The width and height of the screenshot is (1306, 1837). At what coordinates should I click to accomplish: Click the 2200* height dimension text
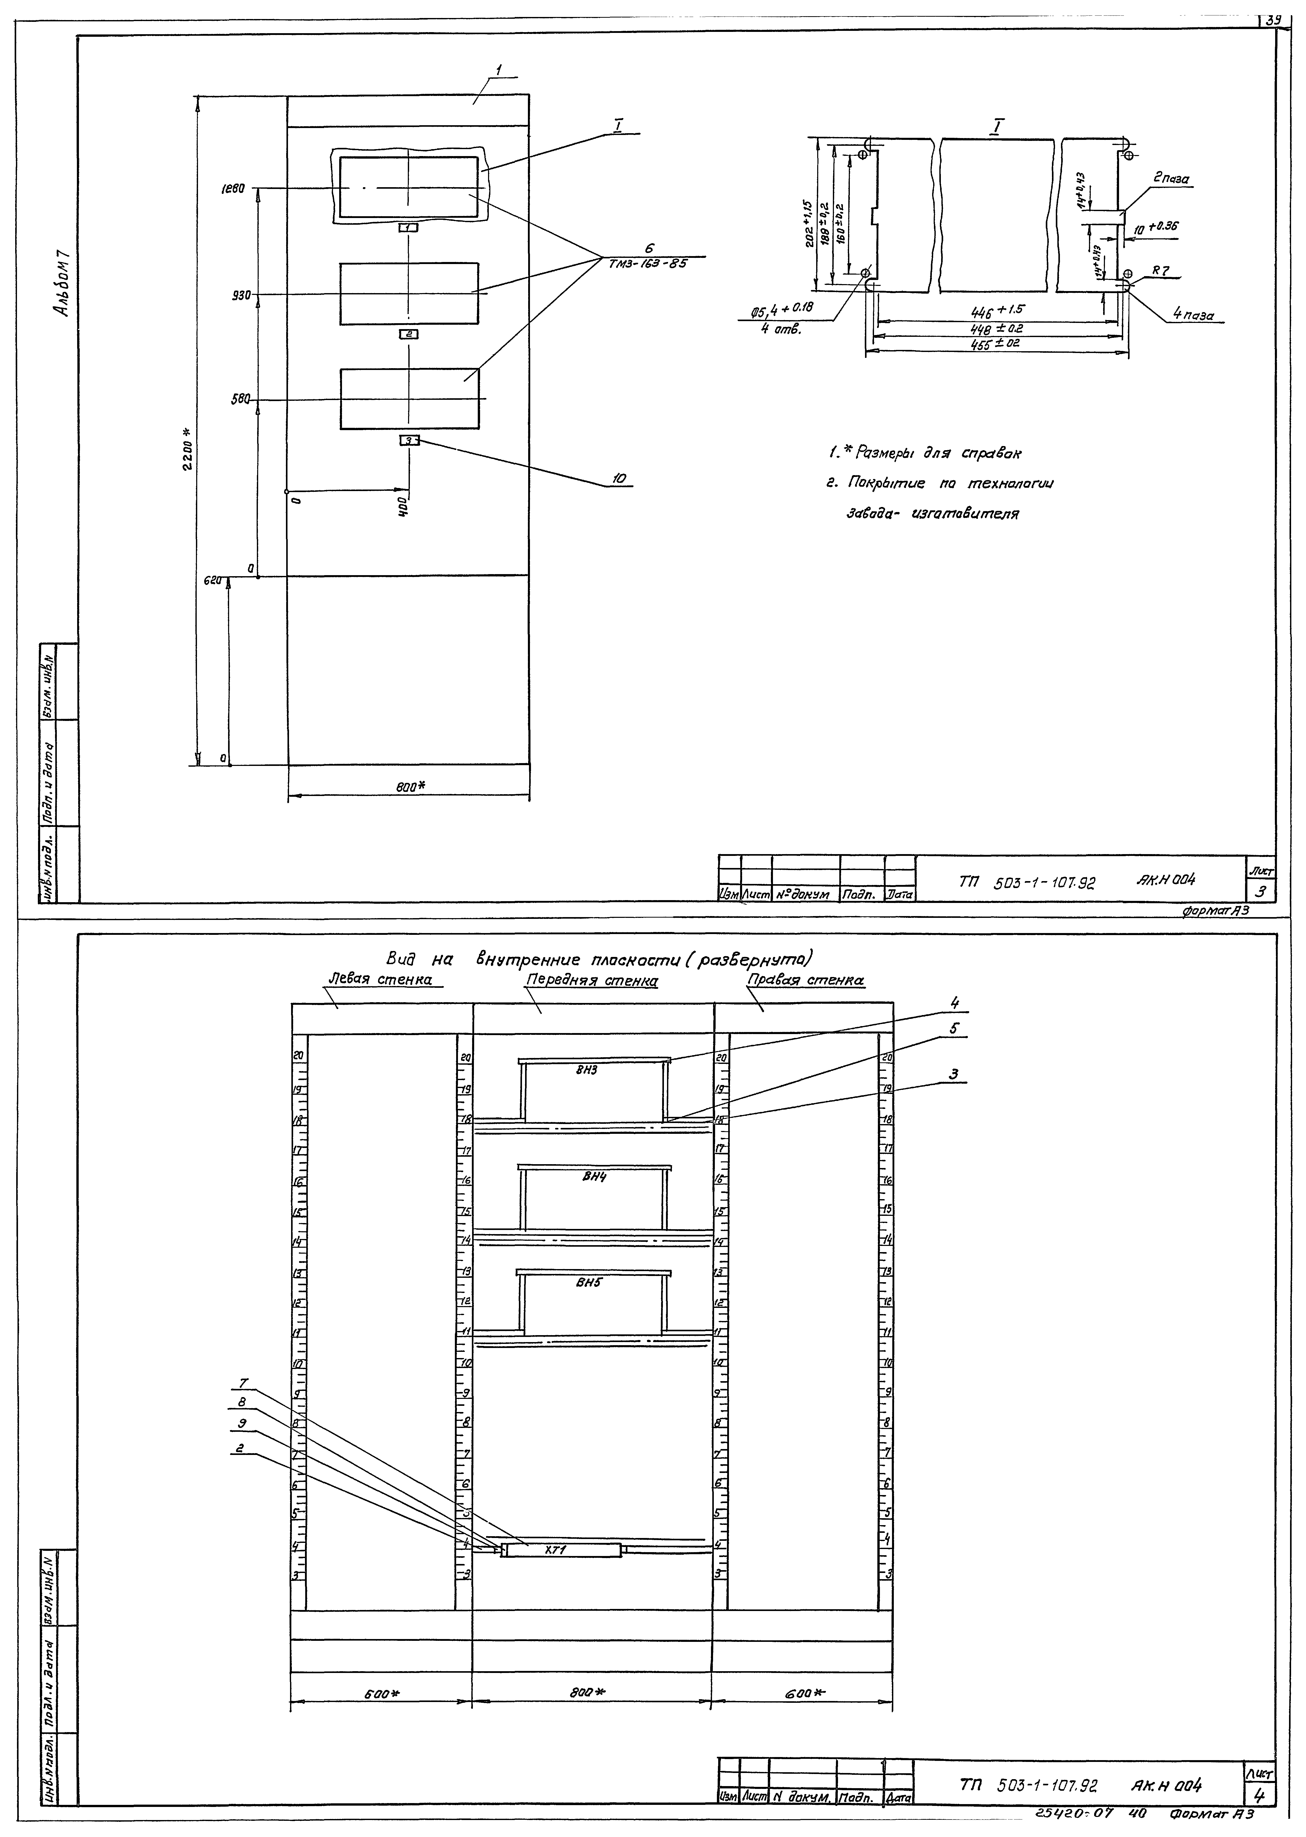point(187,450)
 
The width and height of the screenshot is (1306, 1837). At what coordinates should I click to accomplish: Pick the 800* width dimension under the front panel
point(409,788)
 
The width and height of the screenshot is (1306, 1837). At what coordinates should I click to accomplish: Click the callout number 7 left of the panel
point(244,1383)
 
